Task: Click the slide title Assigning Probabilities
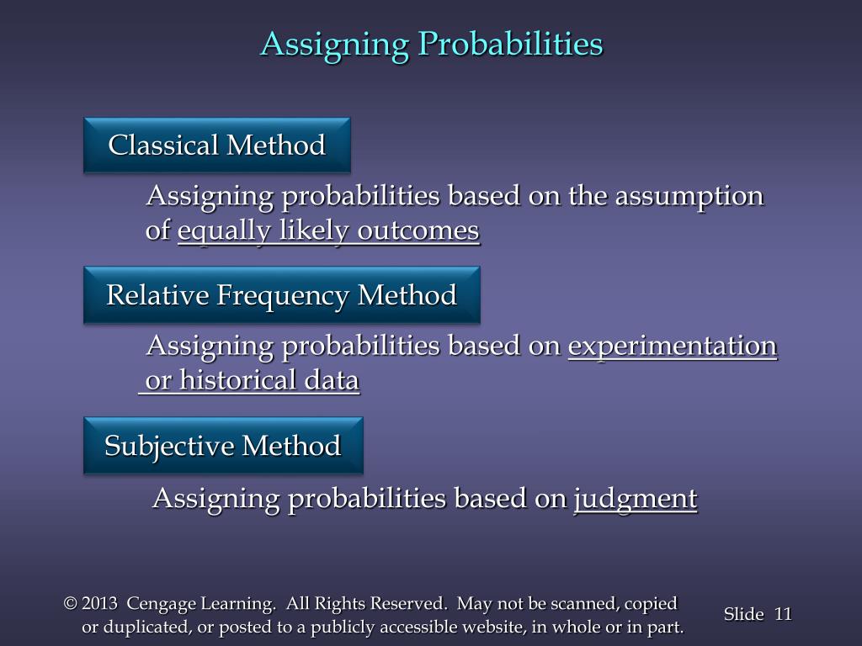pos(432,44)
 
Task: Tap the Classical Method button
pos(217,145)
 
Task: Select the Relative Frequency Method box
pos(282,295)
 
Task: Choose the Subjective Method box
pos(223,446)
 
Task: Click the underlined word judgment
pos(636,500)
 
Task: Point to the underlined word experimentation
pos(673,346)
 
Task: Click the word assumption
pos(689,197)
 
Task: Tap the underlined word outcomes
pos(418,230)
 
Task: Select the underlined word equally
pos(224,230)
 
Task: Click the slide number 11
pos(783,613)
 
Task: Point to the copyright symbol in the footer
pos(71,603)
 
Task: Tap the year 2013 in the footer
pos(99,603)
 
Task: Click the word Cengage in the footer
pos(161,604)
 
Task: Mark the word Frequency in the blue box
pos(282,295)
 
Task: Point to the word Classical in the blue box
pos(163,145)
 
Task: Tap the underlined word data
pos(332,379)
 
